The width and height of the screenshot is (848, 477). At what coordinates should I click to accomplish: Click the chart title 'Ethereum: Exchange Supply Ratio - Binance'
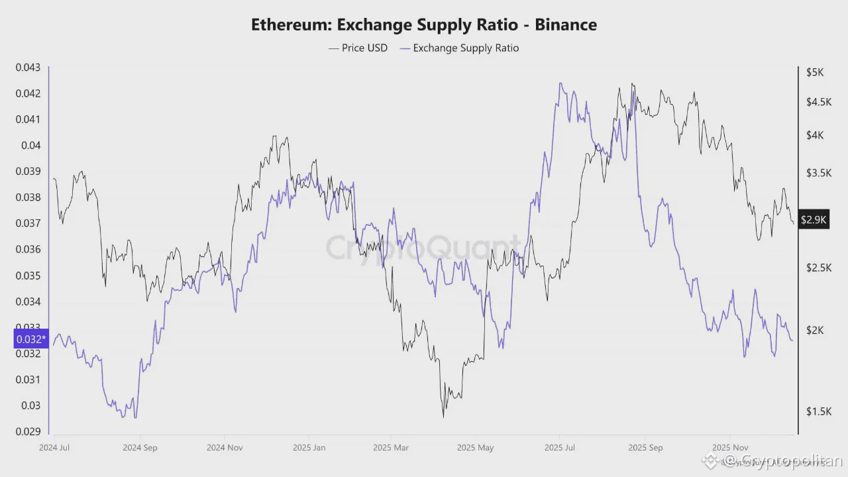[x=424, y=25]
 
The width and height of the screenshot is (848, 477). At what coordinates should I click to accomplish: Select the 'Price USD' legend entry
[x=358, y=48]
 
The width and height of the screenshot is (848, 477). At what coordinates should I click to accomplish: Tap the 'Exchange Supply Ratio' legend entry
[x=459, y=48]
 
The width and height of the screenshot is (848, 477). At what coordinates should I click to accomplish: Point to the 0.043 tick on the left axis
[x=27, y=68]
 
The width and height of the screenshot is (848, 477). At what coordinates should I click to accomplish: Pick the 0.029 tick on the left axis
[x=27, y=431]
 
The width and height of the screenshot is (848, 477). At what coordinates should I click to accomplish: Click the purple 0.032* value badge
[x=30, y=339]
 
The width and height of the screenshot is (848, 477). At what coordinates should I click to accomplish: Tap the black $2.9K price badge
[x=814, y=219]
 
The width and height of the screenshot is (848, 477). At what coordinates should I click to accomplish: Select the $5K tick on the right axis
[x=814, y=72]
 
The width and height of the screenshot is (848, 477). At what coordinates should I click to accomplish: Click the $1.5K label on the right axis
[x=818, y=411]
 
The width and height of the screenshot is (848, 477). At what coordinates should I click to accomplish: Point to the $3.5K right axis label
[x=818, y=173]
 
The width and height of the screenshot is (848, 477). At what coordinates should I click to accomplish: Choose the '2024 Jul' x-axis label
[x=54, y=447]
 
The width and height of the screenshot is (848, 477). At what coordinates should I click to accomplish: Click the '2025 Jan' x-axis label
[x=309, y=447]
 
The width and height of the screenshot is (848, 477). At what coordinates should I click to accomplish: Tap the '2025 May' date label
[x=475, y=447]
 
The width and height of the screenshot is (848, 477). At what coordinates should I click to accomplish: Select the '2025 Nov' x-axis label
[x=729, y=447]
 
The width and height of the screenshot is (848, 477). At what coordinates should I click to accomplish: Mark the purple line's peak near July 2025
[x=560, y=83]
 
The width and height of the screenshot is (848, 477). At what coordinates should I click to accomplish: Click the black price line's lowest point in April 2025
[x=443, y=417]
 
